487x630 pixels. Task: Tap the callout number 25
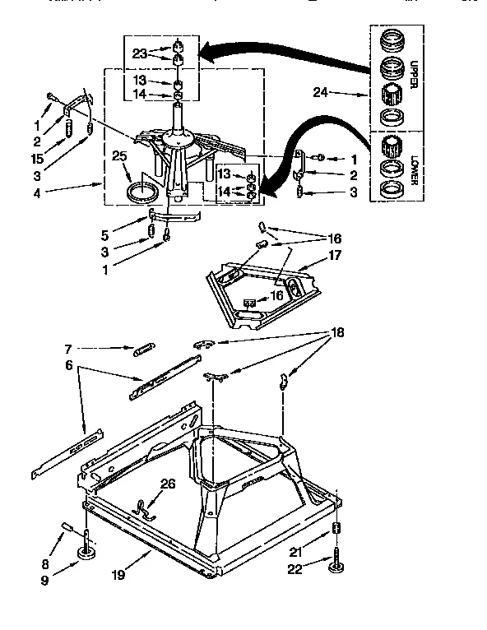coord(119,155)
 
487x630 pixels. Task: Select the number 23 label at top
coord(139,53)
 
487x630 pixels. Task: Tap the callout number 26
coord(169,484)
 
